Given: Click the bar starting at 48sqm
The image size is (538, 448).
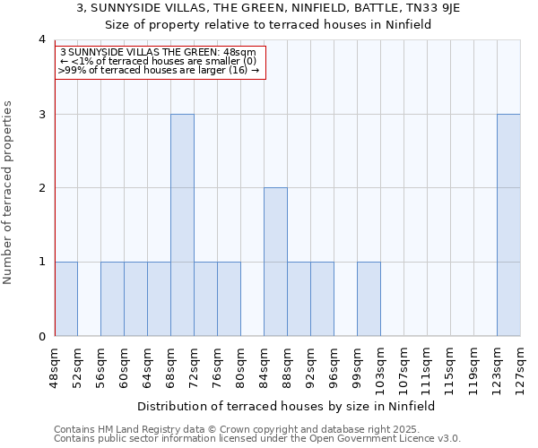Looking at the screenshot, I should point(65,299).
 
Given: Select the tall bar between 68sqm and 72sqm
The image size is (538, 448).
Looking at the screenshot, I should point(182,225).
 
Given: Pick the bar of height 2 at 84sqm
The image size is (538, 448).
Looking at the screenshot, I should point(275,262).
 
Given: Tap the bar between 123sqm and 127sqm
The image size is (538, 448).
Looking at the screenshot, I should point(508,225).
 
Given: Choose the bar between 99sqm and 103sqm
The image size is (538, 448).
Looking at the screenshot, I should point(369,299).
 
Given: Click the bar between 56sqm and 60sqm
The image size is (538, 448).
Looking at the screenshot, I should point(112,299).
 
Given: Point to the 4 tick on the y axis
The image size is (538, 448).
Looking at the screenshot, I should point(41,39).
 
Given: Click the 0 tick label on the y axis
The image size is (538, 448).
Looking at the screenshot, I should point(41,337).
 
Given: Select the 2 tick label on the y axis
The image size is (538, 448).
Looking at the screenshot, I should point(41,188).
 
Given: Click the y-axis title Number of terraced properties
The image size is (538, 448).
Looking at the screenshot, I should point(9,192).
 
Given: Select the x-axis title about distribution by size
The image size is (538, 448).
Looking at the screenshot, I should point(287,406).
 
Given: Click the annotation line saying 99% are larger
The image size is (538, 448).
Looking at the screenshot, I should point(159,70).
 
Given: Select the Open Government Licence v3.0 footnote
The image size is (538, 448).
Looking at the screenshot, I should point(256,439).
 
